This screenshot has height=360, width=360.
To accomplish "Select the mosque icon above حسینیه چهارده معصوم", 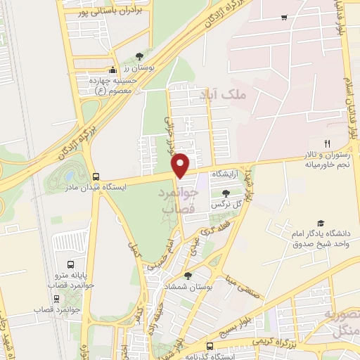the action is coord(112,70).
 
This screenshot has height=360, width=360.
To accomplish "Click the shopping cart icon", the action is coord(283,17).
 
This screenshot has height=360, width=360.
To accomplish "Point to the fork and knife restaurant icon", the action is coord(327,143).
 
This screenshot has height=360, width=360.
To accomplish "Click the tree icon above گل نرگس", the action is coord(225,193).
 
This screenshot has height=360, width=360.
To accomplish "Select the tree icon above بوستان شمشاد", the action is coord(187,276).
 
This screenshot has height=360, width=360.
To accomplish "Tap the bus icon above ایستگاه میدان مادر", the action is coord(96,176).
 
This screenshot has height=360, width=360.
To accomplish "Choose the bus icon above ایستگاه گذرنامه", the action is coord(210,345).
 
